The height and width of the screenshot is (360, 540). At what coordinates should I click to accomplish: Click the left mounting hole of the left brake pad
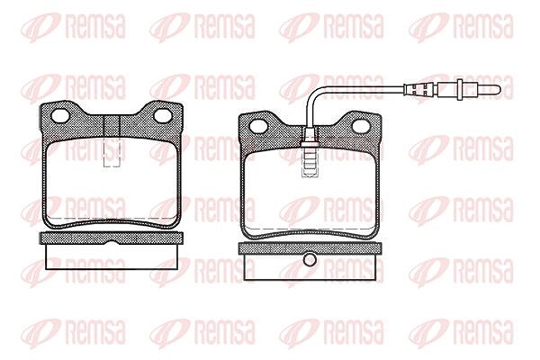tap(59, 115)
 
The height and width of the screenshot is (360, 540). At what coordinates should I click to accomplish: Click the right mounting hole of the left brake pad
tap(163, 115)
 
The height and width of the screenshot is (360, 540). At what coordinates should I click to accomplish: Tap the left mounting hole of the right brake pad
tap(258, 126)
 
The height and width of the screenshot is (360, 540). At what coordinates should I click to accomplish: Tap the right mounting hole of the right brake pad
tap(361, 126)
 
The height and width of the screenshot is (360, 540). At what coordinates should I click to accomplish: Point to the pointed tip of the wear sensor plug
tap(500, 91)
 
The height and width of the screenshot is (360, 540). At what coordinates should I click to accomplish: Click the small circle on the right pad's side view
tap(310, 260)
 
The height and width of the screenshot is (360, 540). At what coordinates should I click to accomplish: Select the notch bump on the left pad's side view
tap(112, 242)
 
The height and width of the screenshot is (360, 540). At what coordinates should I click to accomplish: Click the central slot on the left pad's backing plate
tap(112, 127)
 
